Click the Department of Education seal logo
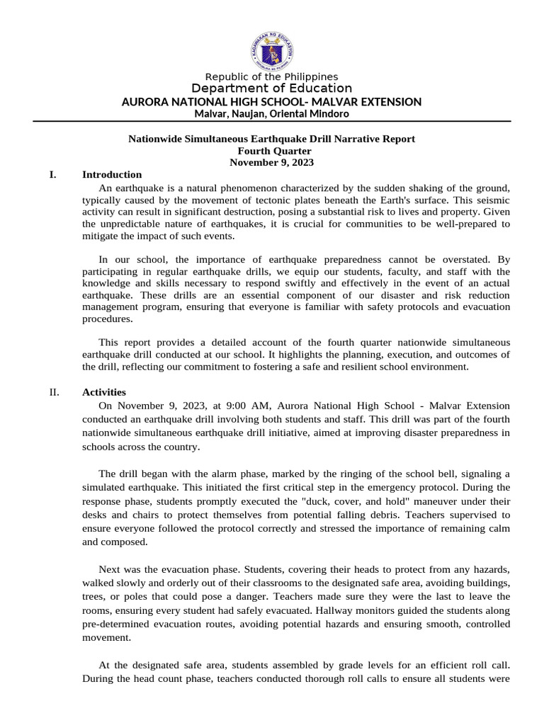(x=272, y=48)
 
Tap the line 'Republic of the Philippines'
(x=272, y=76)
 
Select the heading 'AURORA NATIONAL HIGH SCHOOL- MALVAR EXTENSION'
(x=272, y=102)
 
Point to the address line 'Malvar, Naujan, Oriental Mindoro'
(x=272, y=114)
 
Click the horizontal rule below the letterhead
(x=272, y=121)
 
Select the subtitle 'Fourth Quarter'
(x=272, y=151)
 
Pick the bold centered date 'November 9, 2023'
(x=272, y=162)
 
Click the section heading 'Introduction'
(x=112, y=175)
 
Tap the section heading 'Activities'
(x=104, y=392)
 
